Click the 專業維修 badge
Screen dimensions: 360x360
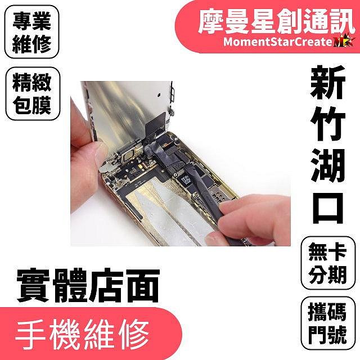point(31,32)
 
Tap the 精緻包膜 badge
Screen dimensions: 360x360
point(33,94)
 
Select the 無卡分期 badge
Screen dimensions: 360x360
point(327,263)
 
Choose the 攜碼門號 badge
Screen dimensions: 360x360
point(327,323)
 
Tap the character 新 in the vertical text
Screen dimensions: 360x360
point(327,82)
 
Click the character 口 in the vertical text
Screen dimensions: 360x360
point(327,208)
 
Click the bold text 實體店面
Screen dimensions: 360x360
point(88,286)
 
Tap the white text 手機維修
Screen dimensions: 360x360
point(83,334)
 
